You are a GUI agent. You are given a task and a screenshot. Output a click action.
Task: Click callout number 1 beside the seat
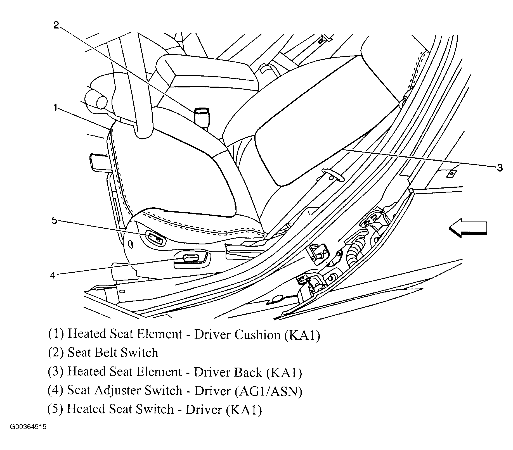point(55,107)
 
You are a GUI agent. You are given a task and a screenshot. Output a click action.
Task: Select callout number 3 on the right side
point(500,168)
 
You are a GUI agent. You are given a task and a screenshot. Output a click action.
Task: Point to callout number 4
point(53,275)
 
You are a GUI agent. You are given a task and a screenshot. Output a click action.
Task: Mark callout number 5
point(54,220)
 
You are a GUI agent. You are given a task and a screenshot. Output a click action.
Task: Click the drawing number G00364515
point(28,435)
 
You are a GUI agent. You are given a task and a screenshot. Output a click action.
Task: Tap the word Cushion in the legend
point(257,334)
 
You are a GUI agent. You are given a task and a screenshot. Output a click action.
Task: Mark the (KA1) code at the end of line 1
point(302,334)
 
